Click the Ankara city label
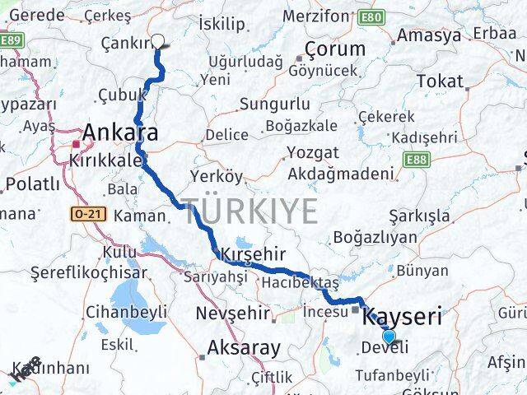(120, 132)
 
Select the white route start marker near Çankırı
(158, 43)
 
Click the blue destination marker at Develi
(389, 336)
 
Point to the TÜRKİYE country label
(250, 211)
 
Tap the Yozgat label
(313, 152)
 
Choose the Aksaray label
(245, 347)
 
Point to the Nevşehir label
(234, 313)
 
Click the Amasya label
(429, 35)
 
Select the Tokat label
(440, 81)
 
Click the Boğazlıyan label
(375, 238)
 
